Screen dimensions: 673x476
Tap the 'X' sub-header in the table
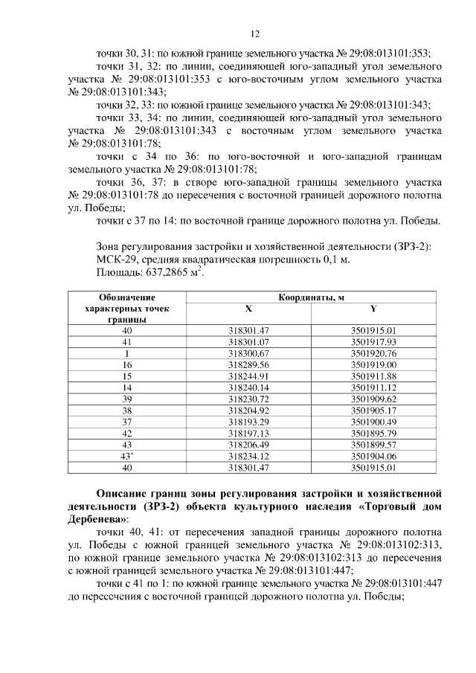click(248, 308)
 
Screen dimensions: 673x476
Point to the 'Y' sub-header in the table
click(373, 308)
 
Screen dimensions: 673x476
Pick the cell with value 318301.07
click(248, 341)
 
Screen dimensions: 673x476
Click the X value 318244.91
click(248, 376)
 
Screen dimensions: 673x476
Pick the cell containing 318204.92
click(248, 410)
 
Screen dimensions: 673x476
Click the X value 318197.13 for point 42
click(248, 434)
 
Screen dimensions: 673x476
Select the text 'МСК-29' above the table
click(115, 260)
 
